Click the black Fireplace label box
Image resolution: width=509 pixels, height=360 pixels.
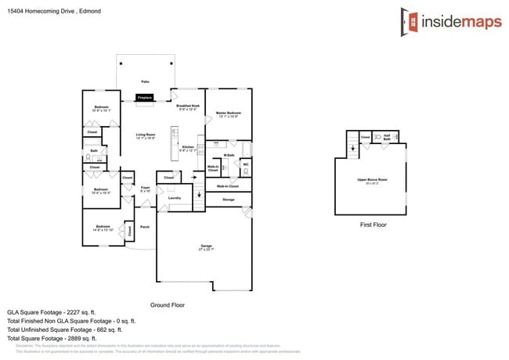coord(145,98)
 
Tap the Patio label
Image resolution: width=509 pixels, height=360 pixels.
coord(145,81)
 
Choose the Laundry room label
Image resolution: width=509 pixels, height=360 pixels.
coord(175,198)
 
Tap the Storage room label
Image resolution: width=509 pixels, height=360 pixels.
coord(228,200)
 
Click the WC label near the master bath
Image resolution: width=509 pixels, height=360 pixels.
coord(245,164)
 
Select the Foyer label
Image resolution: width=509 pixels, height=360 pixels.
coord(145,189)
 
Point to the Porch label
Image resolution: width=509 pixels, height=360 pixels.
coord(145,228)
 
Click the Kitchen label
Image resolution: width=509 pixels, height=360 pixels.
coord(188,148)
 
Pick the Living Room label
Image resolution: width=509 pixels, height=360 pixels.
coord(145,135)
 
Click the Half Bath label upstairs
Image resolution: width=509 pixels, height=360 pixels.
coord(387,138)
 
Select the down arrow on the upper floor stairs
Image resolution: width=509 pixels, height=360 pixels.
coord(352,146)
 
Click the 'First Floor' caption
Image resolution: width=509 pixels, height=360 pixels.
coord(374,225)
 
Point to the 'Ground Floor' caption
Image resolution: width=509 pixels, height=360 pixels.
coord(167,304)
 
